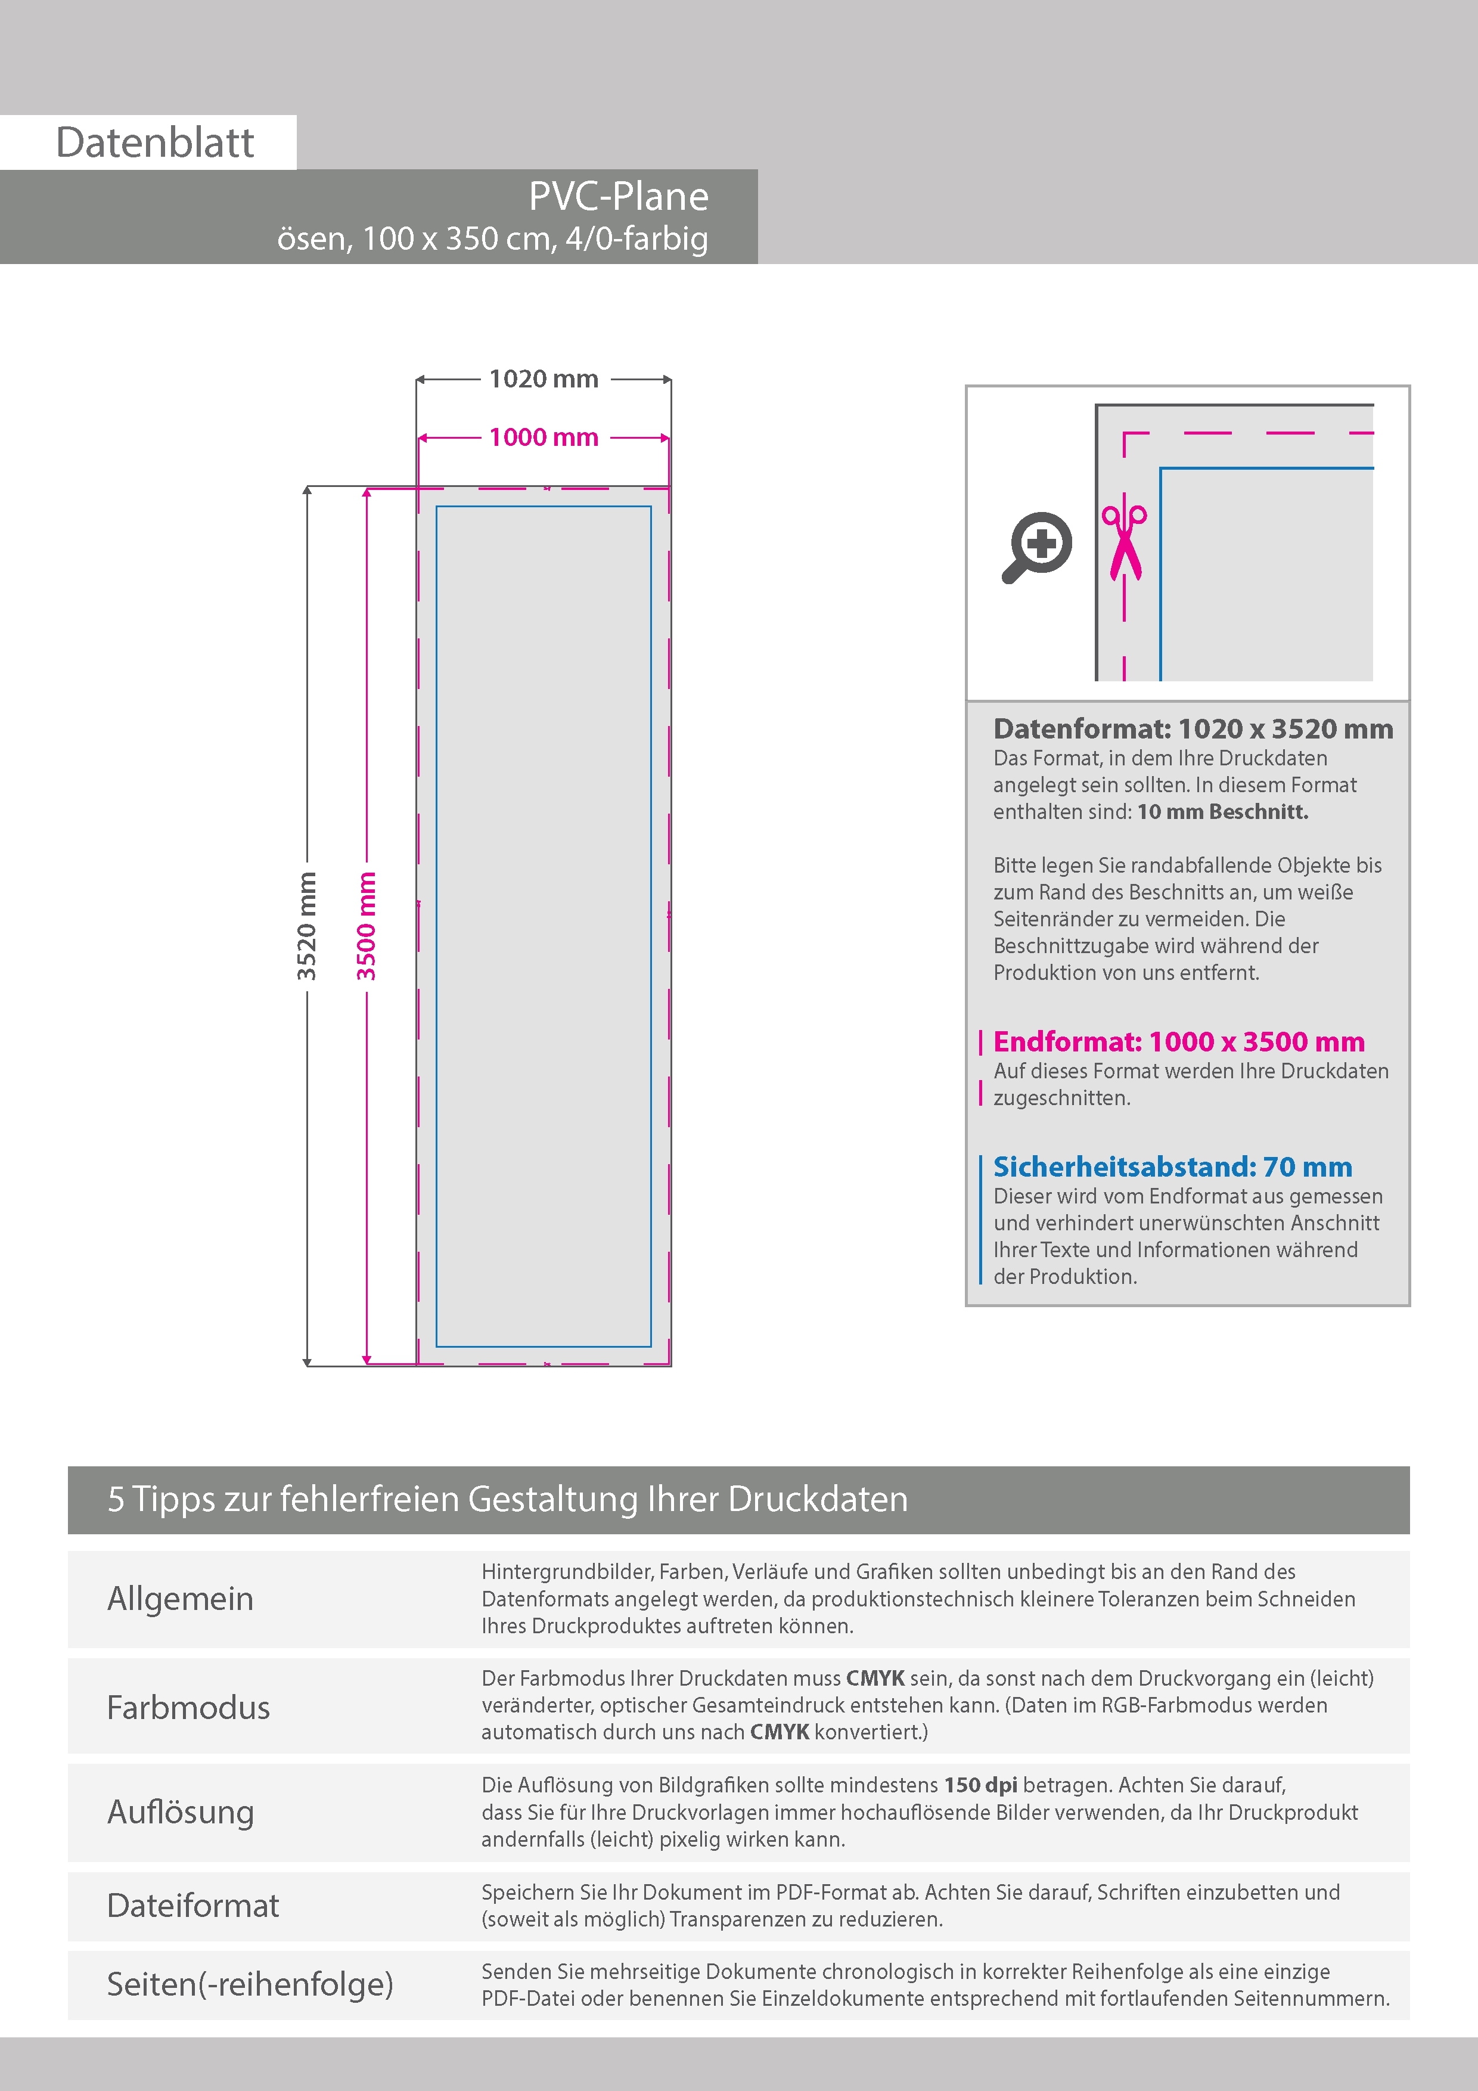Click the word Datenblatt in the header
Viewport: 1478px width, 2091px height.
155,143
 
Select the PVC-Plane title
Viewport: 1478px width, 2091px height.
619,197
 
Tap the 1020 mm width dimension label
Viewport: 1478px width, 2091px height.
544,379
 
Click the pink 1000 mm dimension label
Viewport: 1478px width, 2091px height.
544,437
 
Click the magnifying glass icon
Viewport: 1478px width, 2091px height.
1037,547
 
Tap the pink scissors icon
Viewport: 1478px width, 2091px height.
1125,542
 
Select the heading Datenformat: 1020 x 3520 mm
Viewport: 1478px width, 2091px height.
1193,728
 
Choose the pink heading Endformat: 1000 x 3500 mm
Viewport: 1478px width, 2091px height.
1178,1041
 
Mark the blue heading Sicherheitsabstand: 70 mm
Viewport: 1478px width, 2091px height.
1172,1167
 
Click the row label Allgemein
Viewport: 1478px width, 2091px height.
181,1598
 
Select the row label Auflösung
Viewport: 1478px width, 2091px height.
181,1812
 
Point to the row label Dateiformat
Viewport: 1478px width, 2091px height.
193,1905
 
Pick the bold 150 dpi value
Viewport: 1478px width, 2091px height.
981,1785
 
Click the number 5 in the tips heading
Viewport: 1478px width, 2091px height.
116,1499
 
